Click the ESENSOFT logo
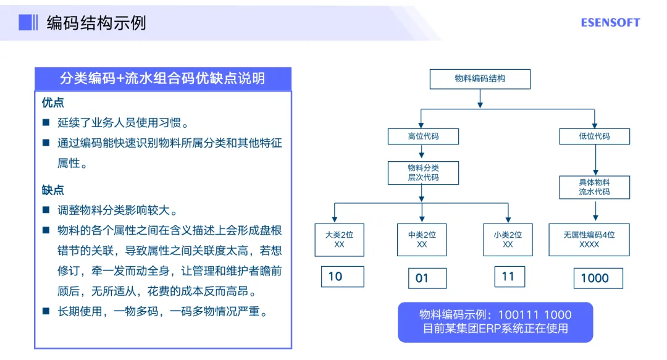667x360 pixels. point(610,23)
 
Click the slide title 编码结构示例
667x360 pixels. point(96,23)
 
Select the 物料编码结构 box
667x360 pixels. point(480,78)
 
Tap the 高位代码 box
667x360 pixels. point(423,136)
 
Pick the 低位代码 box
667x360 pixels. point(594,136)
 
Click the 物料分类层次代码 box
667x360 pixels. point(423,172)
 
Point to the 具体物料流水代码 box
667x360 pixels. point(594,187)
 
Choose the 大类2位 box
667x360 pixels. point(339,240)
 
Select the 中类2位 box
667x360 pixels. point(422,240)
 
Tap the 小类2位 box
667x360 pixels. point(508,240)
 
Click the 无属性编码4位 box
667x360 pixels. point(589,240)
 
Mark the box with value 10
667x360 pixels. point(343,277)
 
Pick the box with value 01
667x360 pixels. point(427,278)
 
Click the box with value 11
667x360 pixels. point(510,277)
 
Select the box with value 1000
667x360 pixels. point(598,278)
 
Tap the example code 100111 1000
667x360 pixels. point(534,315)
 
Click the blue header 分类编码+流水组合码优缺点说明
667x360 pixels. point(162,78)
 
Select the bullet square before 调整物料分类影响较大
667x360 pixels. point(46,210)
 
